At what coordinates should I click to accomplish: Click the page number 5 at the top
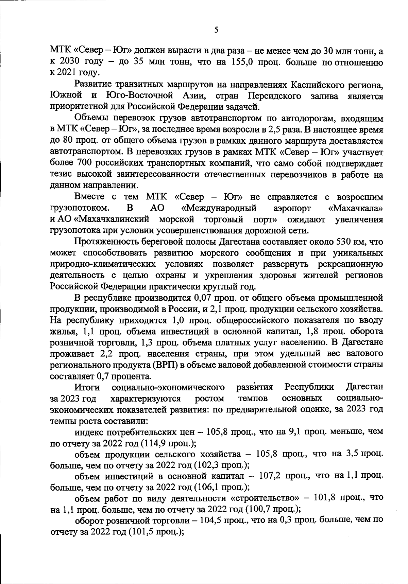[216, 30]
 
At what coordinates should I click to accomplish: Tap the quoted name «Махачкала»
[356, 208]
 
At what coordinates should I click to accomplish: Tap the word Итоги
[87, 387]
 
